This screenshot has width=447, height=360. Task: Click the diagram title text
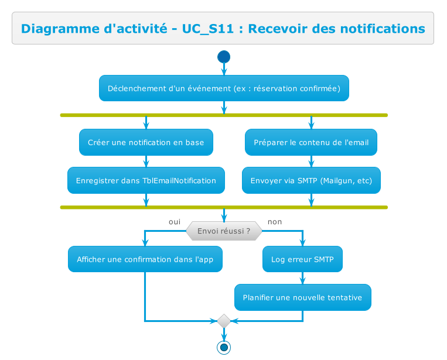pos(223,28)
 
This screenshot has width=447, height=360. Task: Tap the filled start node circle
pos(223,57)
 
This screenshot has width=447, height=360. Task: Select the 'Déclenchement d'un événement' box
pos(224,88)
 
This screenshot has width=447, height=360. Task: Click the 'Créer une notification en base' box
pos(146,142)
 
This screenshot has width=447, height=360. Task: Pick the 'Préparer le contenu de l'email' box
pos(311,142)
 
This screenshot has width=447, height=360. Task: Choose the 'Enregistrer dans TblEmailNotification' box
pos(146,180)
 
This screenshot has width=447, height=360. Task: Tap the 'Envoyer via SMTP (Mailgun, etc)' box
pos(311,180)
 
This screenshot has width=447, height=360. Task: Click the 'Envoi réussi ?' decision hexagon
pos(224,231)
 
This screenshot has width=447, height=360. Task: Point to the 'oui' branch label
pos(174,222)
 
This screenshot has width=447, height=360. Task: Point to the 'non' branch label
pos(274,222)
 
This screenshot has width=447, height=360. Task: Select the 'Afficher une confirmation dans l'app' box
pos(145,259)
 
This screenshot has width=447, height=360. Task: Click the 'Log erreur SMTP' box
pos(302,259)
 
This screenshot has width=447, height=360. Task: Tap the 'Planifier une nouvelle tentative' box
pos(302,297)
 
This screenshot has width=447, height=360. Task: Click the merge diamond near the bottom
pos(223,321)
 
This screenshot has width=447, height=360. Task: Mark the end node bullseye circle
pos(223,347)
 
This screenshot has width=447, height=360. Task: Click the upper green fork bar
pos(224,115)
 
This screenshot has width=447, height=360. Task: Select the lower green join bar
pos(224,207)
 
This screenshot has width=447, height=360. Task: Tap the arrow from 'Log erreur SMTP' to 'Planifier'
pos(302,278)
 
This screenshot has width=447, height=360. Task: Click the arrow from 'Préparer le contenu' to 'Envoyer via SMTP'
pos(311,162)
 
